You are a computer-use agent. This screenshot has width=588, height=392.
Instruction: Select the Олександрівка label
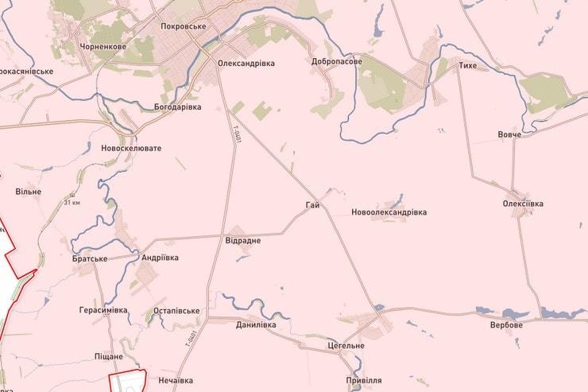tap(246, 61)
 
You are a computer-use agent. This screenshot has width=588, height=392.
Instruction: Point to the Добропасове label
tap(337, 61)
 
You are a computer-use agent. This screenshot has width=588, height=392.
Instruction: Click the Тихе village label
tap(468, 65)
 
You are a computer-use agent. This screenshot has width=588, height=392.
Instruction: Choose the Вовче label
tap(509, 134)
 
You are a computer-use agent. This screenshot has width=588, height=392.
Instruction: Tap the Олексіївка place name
tap(523, 204)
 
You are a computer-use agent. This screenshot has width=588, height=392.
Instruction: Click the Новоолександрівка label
tap(389, 212)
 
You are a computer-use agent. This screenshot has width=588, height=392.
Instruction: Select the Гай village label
tap(312, 206)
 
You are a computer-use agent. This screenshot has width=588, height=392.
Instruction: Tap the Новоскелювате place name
tap(131, 149)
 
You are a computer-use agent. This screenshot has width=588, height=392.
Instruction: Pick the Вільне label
tap(28, 192)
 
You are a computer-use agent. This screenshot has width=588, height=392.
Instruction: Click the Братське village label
tap(88, 258)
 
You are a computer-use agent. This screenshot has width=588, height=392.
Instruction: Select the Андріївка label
tap(160, 258)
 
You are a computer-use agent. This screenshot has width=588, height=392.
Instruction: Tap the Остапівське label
tap(176, 311)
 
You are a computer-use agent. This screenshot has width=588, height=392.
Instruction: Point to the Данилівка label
tap(257, 324)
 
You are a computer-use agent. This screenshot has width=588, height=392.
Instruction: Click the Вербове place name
tap(507, 325)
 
